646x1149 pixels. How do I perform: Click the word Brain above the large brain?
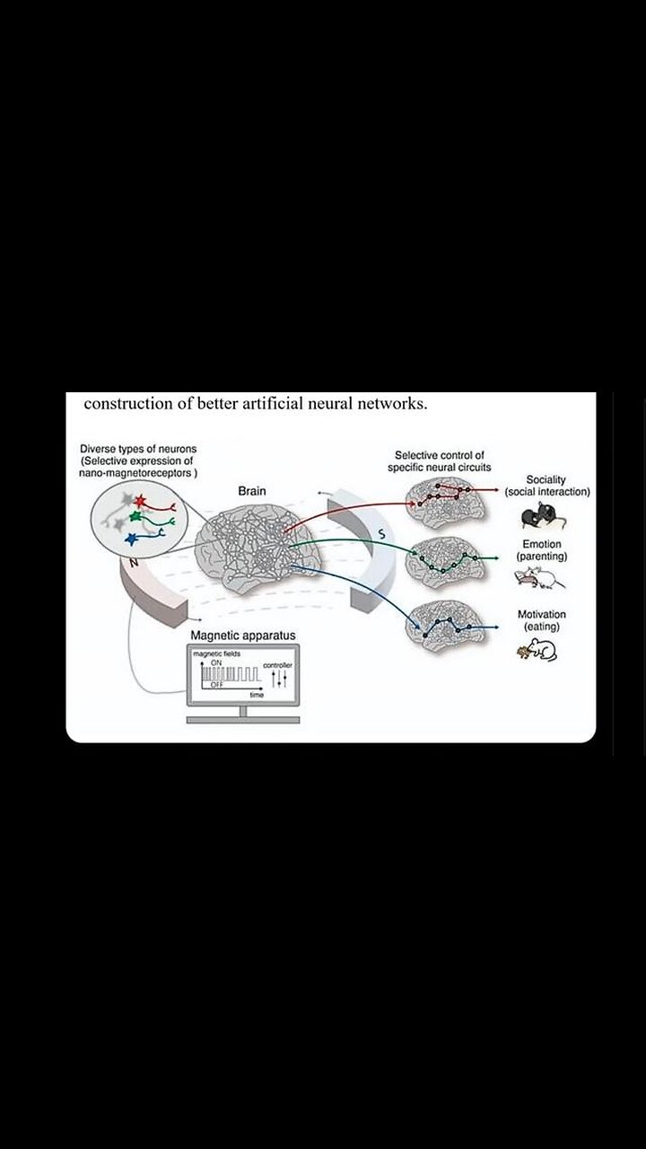[x=251, y=491]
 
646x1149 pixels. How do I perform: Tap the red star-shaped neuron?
[x=139, y=500]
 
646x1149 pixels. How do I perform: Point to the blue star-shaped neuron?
[x=132, y=539]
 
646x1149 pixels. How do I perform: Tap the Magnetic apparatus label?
[x=242, y=636]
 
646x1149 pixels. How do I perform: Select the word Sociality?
[x=546, y=479]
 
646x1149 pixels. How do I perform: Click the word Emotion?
[x=541, y=545]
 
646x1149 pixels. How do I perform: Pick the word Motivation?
[x=541, y=615]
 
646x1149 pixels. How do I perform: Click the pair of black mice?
[x=537, y=514]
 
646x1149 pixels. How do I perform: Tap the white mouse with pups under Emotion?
[x=541, y=579]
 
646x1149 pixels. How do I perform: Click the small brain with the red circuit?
[x=445, y=498]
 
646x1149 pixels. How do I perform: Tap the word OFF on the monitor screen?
[x=217, y=685]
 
